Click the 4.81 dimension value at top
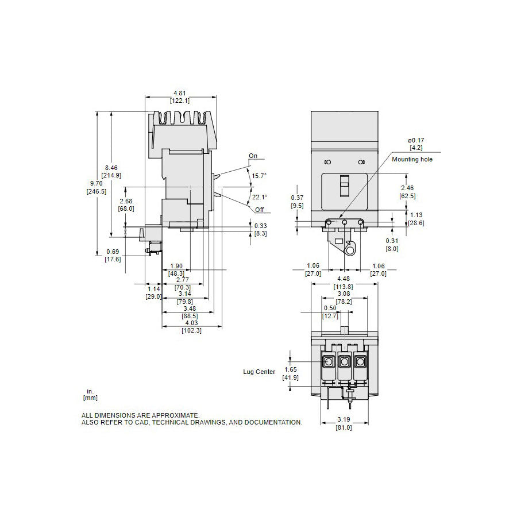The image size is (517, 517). (180, 93)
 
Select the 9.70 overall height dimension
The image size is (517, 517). (96, 183)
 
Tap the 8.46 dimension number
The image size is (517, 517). (111, 168)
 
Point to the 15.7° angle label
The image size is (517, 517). (259, 176)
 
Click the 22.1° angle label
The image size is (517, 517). (260, 197)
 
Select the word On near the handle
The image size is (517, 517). (253, 156)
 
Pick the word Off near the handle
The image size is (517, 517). (260, 210)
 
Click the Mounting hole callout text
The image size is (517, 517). (412, 159)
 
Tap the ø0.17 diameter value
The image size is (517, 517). (415, 141)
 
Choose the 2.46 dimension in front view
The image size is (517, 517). (407, 188)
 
